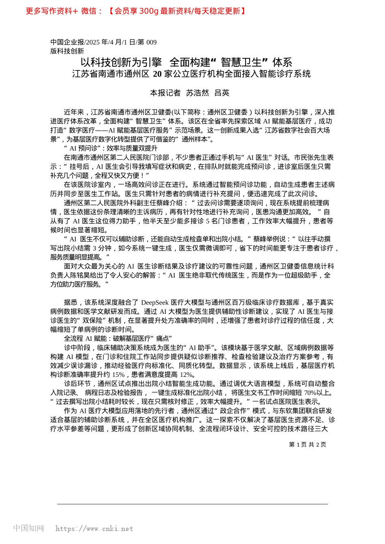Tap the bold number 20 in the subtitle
click(x=157, y=74)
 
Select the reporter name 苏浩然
click(x=197, y=93)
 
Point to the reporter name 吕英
click(x=222, y=93)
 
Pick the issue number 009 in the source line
click(x=151, y=42)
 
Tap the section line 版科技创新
click(x=67, y=51)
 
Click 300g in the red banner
click(x=149, y=11)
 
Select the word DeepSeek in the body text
click(x=154, y=302)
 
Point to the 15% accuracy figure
click(x=118, y=374)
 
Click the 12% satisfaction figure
click(x=186, y=374)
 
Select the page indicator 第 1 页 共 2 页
click(x=307, y=444)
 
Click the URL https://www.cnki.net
click(x=94, y=529)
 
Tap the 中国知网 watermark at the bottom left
click(x=28, y=528)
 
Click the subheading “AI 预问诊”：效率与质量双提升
click(x=111, y=149)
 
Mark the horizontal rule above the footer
click(x=192, y=504)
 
